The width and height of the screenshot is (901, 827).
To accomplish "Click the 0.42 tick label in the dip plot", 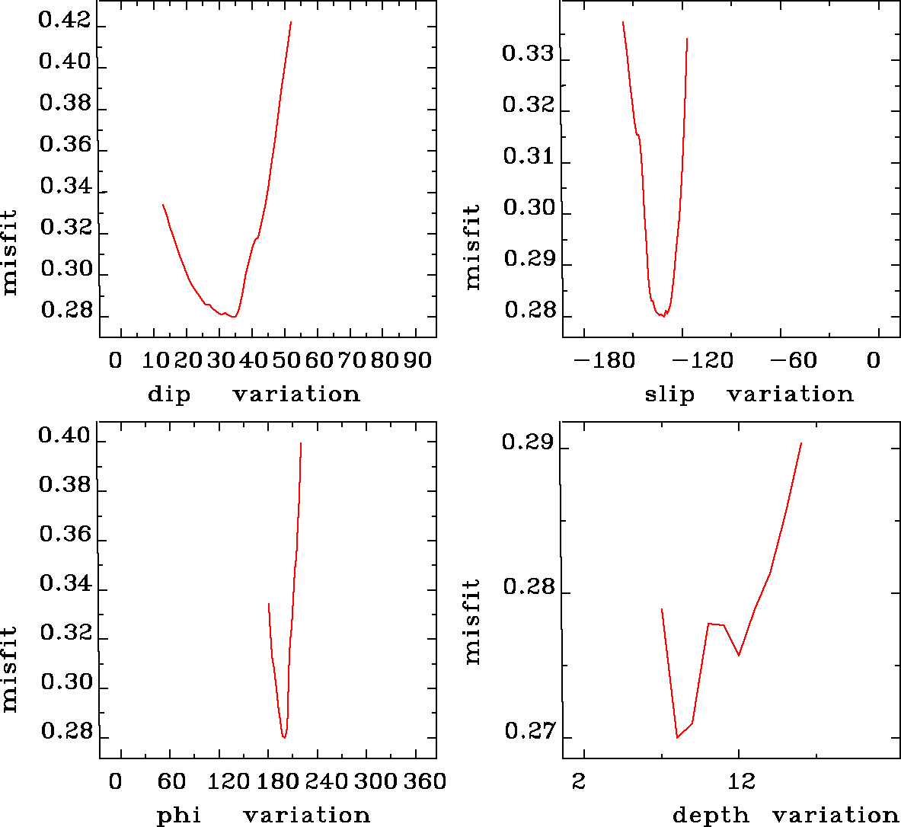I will [65, 21].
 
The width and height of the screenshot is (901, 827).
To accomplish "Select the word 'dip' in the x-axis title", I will [168, 394].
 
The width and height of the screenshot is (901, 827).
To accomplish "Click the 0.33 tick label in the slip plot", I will [527, 54].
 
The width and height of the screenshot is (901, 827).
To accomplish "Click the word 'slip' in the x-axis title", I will [669, 394].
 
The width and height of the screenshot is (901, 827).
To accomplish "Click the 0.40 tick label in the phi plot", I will [65, 436].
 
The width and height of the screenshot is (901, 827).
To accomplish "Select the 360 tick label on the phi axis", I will [424, 782].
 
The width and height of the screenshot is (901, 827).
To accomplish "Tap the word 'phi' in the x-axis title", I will [178, 816].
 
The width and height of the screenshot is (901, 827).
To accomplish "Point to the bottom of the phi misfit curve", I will [284, 738].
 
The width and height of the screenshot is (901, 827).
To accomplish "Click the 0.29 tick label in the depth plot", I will [527, 442].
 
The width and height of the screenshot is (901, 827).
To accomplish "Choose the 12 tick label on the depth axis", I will [741, 782].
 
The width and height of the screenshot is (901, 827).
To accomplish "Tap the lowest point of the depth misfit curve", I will [677, 738].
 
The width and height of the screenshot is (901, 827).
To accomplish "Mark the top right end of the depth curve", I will [801, 442].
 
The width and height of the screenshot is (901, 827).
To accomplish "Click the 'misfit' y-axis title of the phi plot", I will [9, 669].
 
